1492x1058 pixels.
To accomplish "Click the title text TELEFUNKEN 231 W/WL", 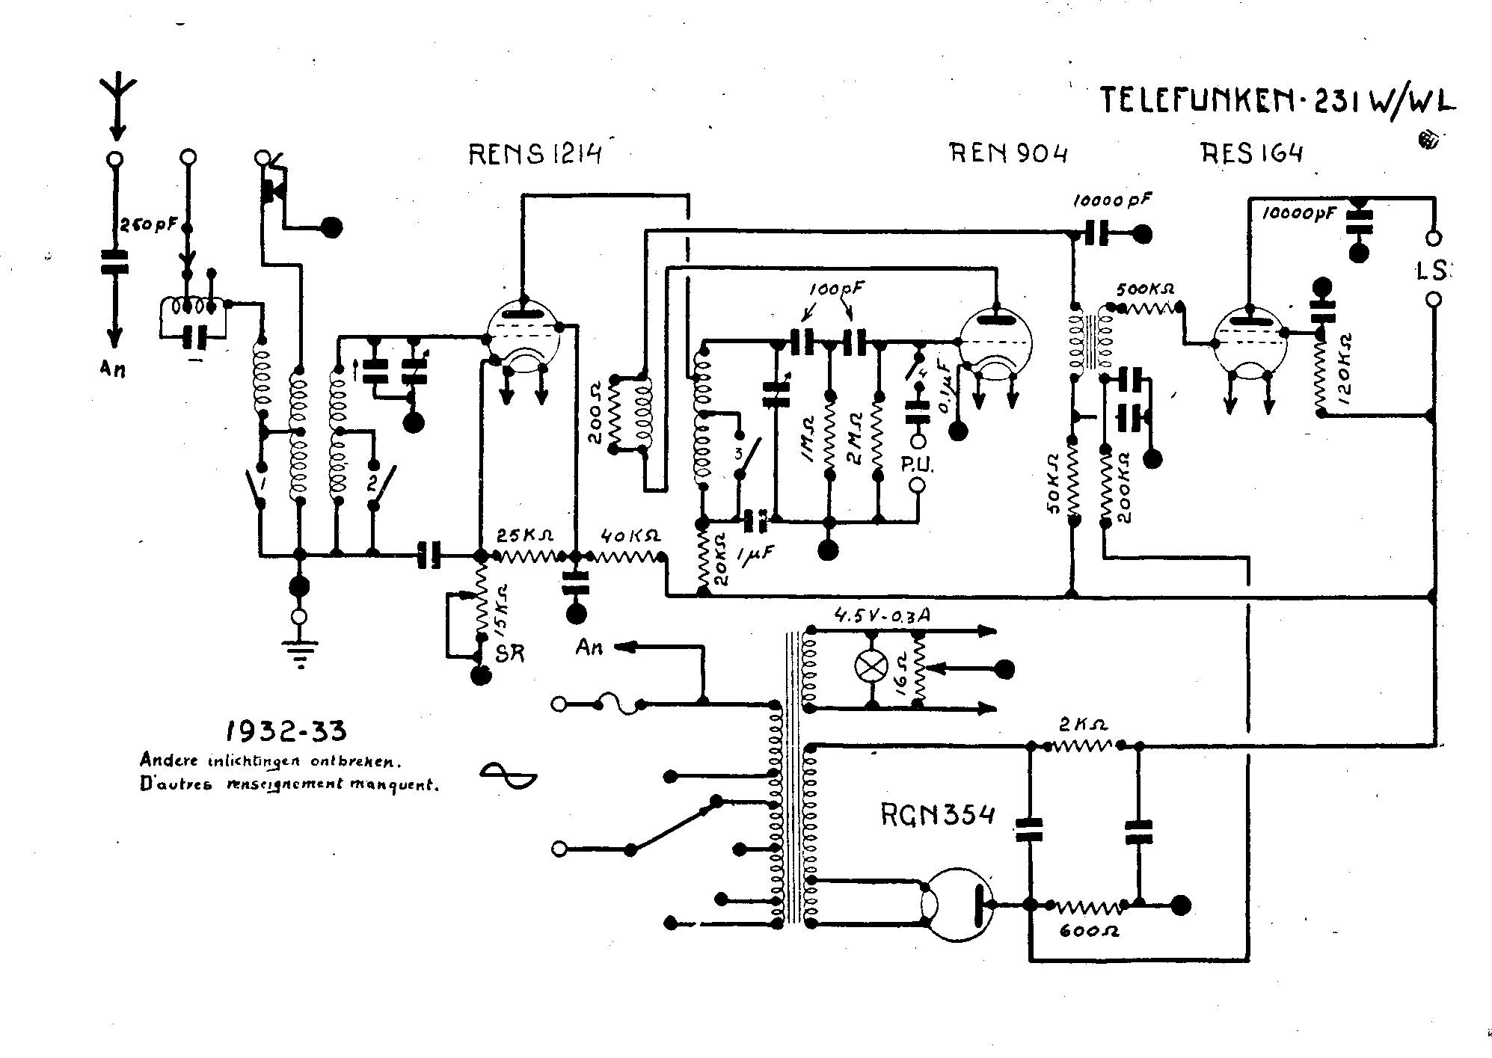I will pyautogui.click(x=1277, y=101).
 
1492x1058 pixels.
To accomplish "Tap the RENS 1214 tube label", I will pyautogui.click(x=535, y=154).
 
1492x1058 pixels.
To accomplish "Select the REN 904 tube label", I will pyautogui.click(x=1008, y=153).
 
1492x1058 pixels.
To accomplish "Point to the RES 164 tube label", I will pyautogui.click(x=1252, y=153).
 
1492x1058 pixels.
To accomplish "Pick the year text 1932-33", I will pyautogui.click(x=286, y=731).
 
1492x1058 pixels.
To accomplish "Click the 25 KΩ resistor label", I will pyautogui.click(x=526, y=535).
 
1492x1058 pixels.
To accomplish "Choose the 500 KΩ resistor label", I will pyautogui.click(x=1144, y=289).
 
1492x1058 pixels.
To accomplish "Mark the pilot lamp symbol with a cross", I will pyautogui.click(x=871, y=666).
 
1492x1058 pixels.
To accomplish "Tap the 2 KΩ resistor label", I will pyautogui.click(x=1083, y=725).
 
